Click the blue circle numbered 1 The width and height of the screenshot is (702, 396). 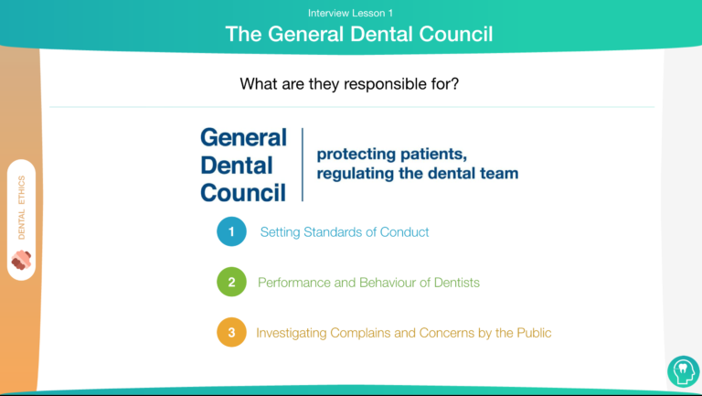[x=231, y=231]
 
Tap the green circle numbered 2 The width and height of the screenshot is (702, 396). [x=231, y=282]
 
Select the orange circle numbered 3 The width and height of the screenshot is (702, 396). [x=231, y=332]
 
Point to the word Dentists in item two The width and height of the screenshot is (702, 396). [x=457, y=283]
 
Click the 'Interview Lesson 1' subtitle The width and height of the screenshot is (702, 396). [x=350, y=13]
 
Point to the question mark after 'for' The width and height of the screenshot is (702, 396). [x=455, y=83]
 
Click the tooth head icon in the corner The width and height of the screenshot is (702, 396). [x=683, y=371]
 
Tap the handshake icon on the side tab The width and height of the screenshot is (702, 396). [x=21, y=260]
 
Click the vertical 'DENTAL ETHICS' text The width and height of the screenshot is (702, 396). [x=22, y=208]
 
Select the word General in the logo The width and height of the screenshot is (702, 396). [x=243, y=137]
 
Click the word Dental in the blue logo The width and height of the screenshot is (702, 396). [x=237, y=166]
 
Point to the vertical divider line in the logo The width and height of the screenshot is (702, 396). [x=303, y=165]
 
